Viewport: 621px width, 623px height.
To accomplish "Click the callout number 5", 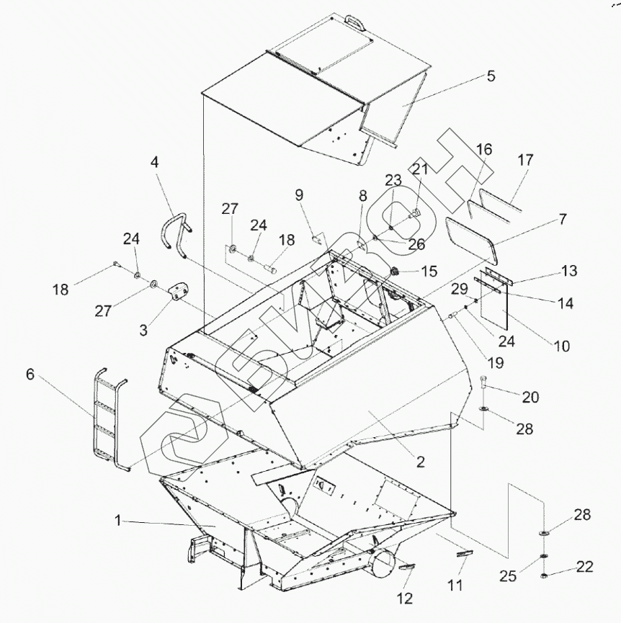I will pos(490,76).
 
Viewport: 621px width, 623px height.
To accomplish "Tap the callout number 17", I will pos(525,160).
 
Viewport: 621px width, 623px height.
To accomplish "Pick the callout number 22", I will pos(584,568).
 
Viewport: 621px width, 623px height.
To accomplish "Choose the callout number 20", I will pos(530,397).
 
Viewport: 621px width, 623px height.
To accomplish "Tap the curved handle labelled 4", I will pos(173,234).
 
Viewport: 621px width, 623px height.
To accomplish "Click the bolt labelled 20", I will pos(483,384).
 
